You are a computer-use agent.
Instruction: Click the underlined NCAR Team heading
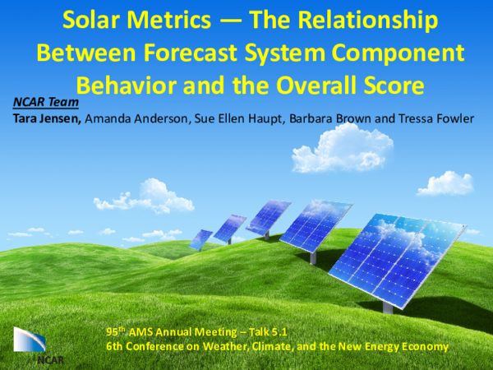pos(45,103)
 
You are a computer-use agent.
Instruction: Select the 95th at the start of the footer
pos(117,331)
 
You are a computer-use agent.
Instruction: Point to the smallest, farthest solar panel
pos(200,239)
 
